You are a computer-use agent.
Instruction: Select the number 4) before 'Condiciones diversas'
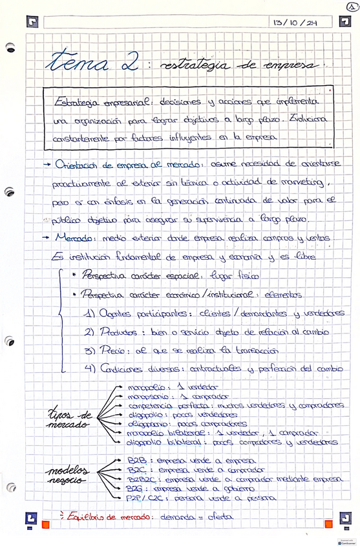pyautogui.click(x=91, y=370)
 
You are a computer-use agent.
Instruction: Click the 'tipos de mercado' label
pyautogui.click(x=70, y=420)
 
